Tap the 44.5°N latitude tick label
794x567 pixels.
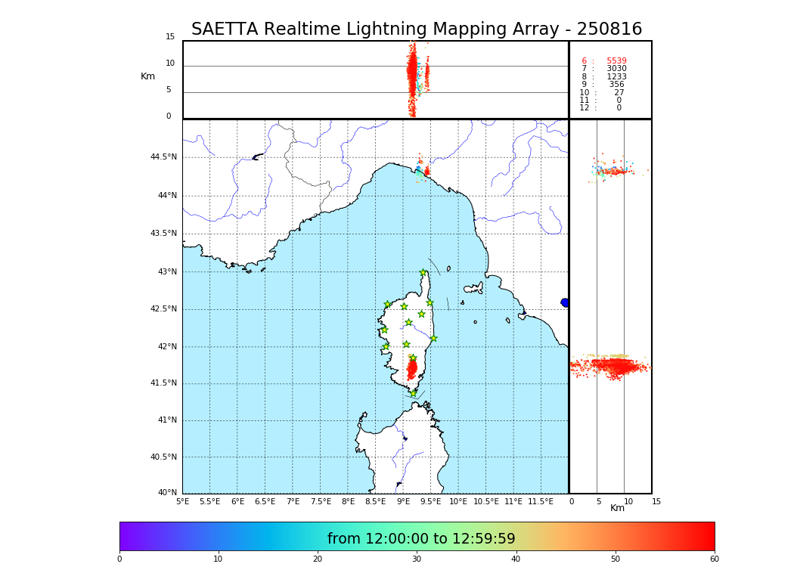(163, 157)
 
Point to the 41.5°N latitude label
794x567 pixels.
(163, 383)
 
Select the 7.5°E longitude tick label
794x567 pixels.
(321, 501)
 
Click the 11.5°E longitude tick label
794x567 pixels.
(541, 501)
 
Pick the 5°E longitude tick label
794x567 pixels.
(182, 501)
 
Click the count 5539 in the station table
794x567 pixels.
(616, 61)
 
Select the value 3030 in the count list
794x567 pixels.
(616, 69)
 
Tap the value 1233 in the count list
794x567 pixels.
(616, 77)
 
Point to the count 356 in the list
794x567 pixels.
(617, 85)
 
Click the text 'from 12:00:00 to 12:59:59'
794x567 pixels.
(421, 539)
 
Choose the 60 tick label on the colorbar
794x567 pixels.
(714, 559)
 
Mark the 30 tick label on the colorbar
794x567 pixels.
(417, 559)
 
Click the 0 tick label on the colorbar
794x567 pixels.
(119, 559)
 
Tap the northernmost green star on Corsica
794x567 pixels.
(423, 273)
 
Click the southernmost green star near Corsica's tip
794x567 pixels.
(413, 393)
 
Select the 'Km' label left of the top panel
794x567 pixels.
(147, 76)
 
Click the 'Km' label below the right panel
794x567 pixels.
(617, 508)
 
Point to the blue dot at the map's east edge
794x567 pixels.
(565, 302)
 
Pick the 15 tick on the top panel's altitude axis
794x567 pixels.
(170, 37)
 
